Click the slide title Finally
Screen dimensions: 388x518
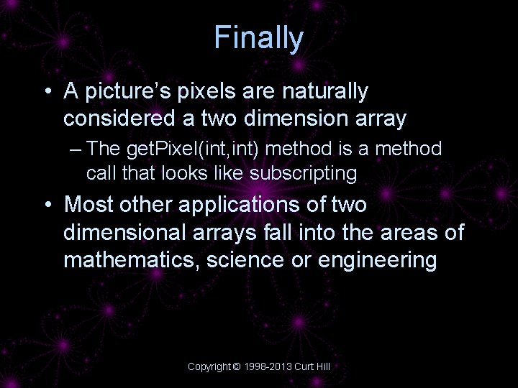coord(259,38)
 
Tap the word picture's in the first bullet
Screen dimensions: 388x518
coord(123,91)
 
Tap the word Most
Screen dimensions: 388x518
coord(89,205)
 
